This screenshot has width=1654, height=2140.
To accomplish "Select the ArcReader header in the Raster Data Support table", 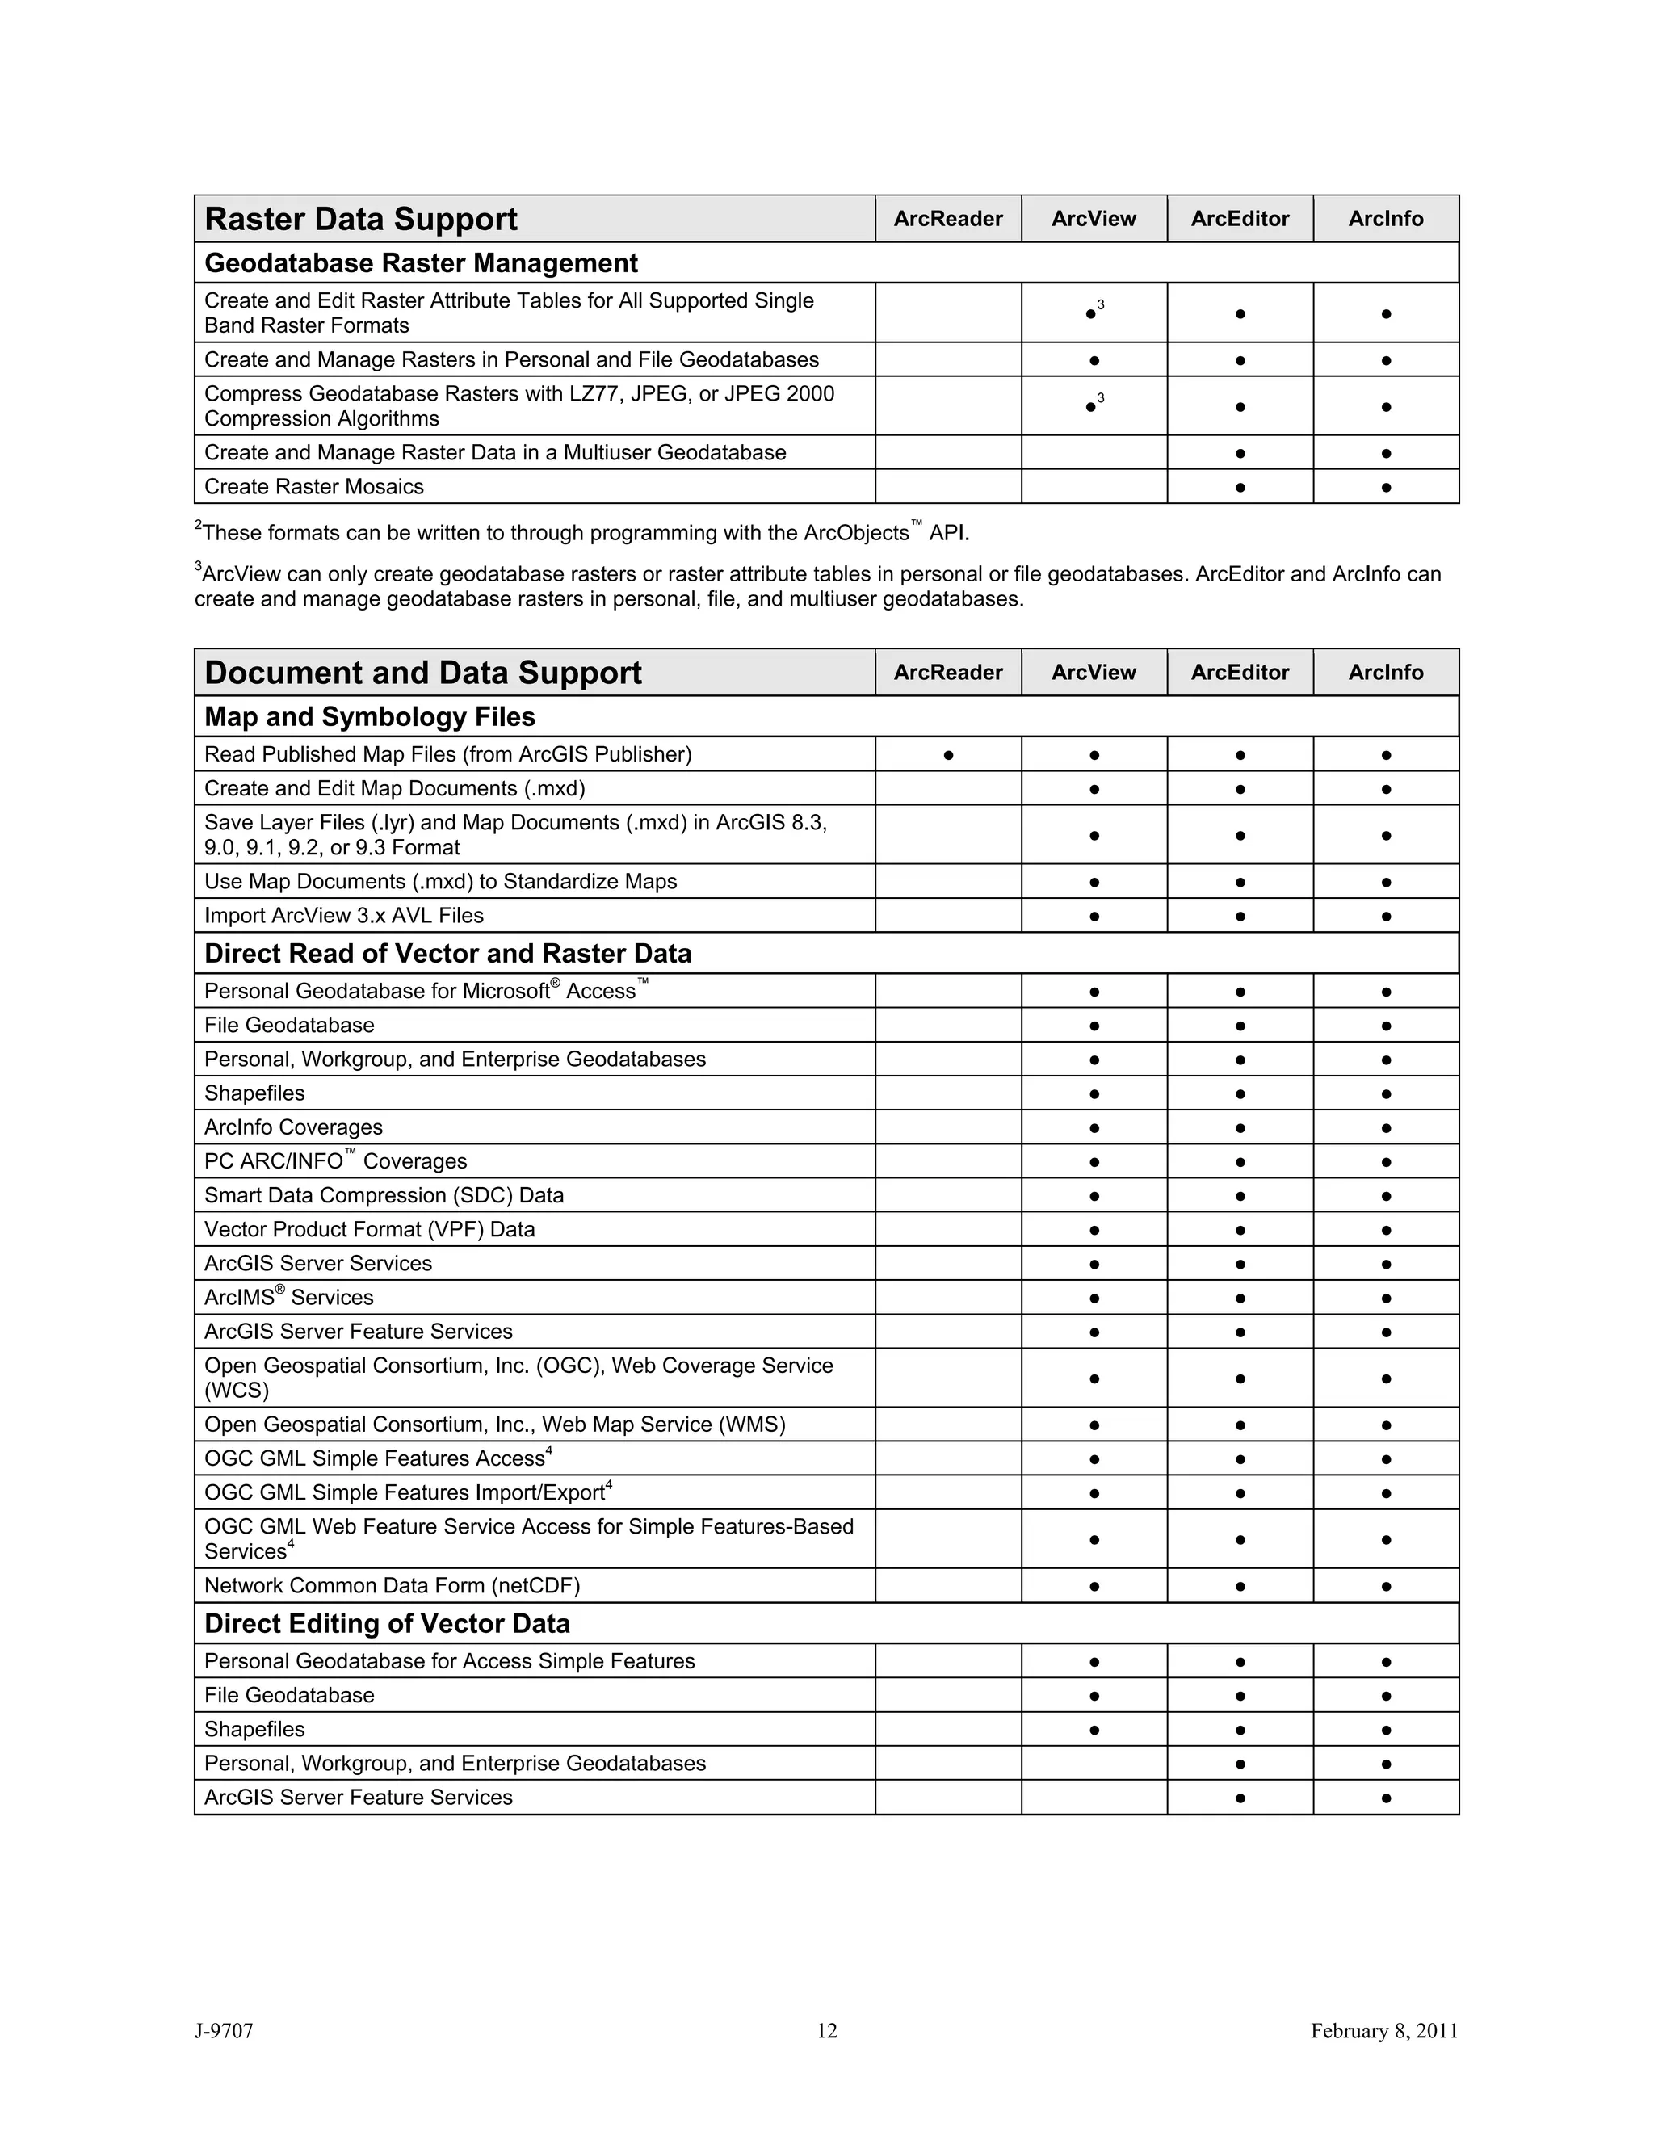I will tap(947, 219).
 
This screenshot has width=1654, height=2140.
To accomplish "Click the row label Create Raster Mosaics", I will tap(313, 487).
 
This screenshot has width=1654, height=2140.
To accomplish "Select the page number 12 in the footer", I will tap(827, 2030).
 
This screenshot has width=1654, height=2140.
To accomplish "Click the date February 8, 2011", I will tap(1383, 2030).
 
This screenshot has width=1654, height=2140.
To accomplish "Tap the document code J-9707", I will tap(224, 2030).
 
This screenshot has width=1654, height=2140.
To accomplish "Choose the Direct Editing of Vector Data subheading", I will tap(386, 1624).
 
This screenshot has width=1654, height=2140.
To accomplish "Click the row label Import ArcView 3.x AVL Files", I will tap(343, 915).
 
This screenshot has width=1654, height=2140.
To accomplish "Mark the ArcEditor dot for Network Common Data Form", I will tap(1240, 1586).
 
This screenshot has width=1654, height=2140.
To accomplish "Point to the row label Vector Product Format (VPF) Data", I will tap(369, 1229).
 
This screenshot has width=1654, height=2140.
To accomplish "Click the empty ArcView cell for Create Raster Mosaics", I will tap(1094, 487).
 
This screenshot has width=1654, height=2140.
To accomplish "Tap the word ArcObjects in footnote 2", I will tap(855, 533).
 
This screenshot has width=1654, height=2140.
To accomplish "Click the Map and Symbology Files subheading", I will tap(369, 717).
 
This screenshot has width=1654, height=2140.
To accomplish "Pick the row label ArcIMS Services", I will tap(288, 1298).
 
